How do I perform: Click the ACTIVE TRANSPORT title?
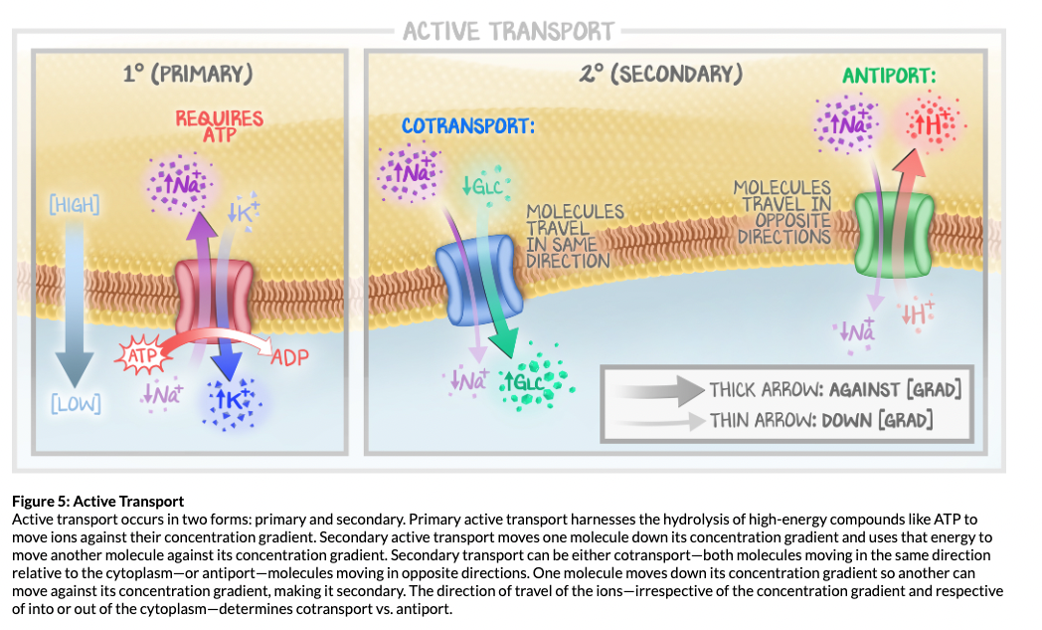point(508,31)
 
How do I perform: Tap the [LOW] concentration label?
point(75,404)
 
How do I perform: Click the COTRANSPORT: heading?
point(468,126)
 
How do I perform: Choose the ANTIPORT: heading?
point(889,76)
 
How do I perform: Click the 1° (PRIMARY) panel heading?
point(187,75)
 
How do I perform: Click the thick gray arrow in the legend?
point(659,389)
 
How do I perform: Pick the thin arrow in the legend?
point(659,420)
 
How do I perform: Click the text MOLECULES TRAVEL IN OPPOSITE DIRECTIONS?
point(782,212)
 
